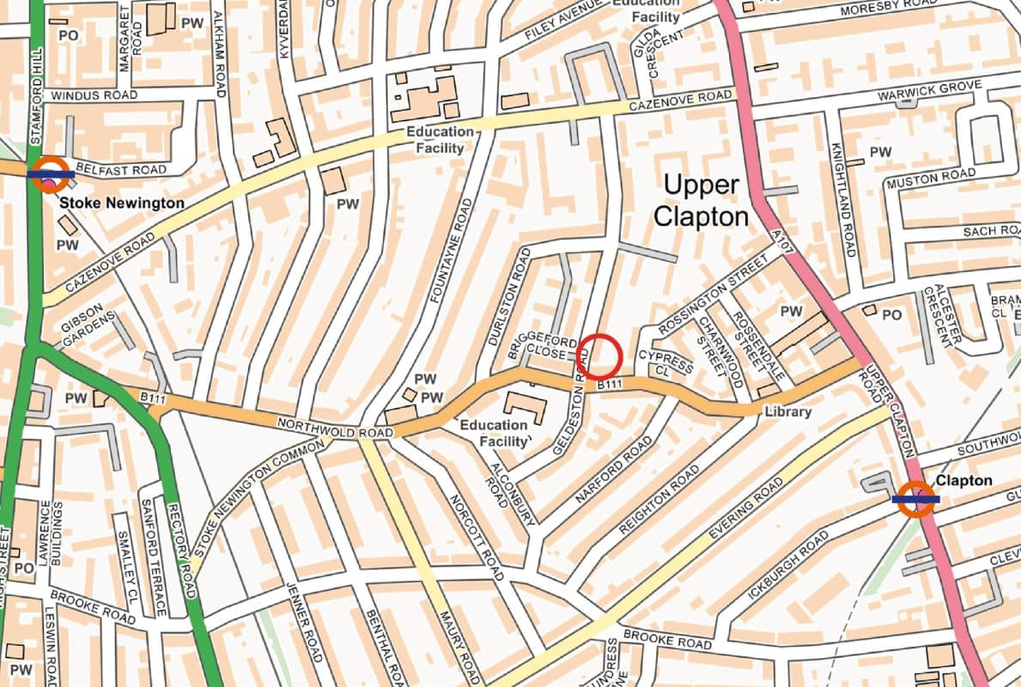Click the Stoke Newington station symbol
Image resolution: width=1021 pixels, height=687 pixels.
(51, 173)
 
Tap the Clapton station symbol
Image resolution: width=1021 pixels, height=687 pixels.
(915, 498)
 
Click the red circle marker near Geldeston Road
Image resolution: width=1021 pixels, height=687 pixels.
(599, 355)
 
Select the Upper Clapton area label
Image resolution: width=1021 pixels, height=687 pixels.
(701, 200)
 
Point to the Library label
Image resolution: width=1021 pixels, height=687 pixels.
(787, 411)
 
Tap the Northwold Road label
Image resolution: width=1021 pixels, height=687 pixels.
(318, 428)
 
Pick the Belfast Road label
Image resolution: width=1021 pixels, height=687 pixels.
(108, 169)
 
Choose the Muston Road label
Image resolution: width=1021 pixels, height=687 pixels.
(931, 179)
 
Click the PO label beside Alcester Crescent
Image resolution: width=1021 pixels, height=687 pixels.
(892, 315)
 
